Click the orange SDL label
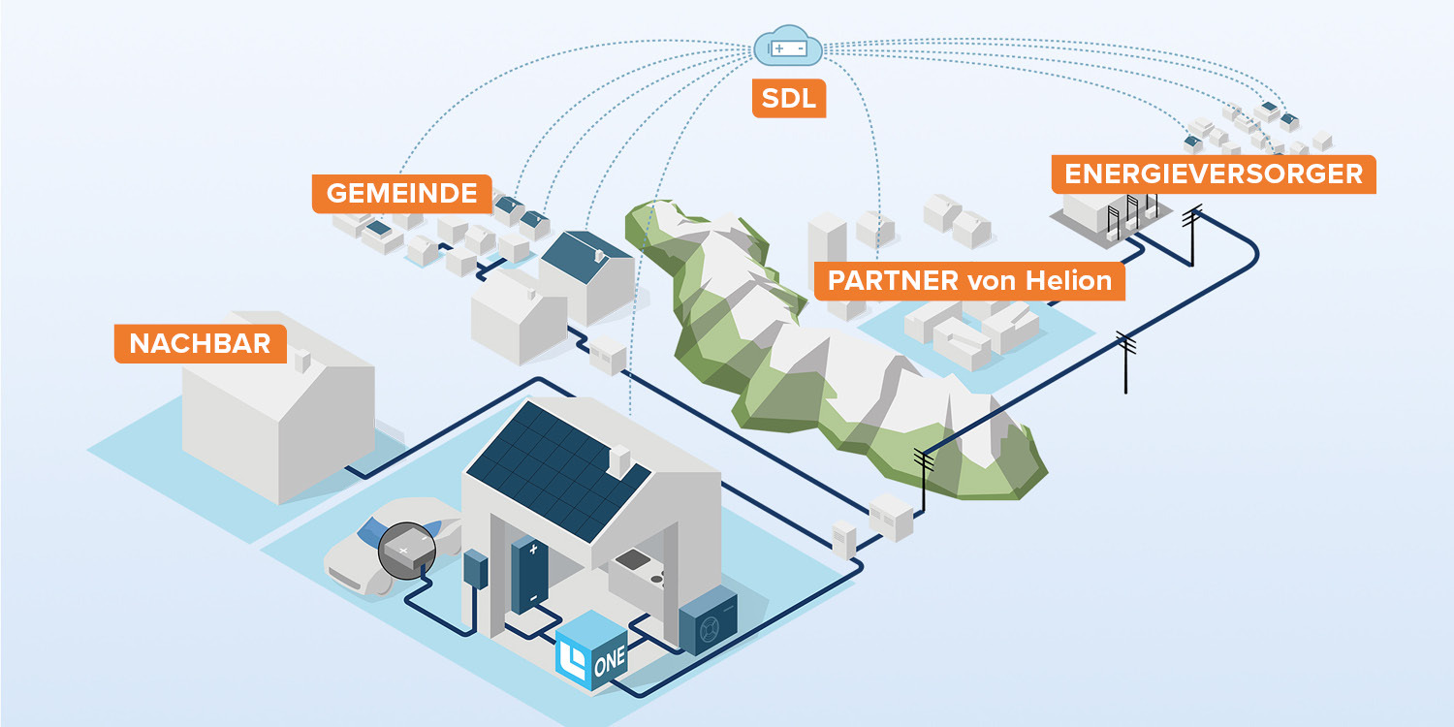point(789,99)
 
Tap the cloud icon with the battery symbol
point(788,47)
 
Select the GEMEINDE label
point(401,193)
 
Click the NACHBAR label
point(200,344)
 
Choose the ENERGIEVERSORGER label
point(1213,174)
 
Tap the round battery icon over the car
point(405,551)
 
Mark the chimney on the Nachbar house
point(301,361)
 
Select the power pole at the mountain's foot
point(923,475)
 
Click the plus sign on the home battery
point(532,550)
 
